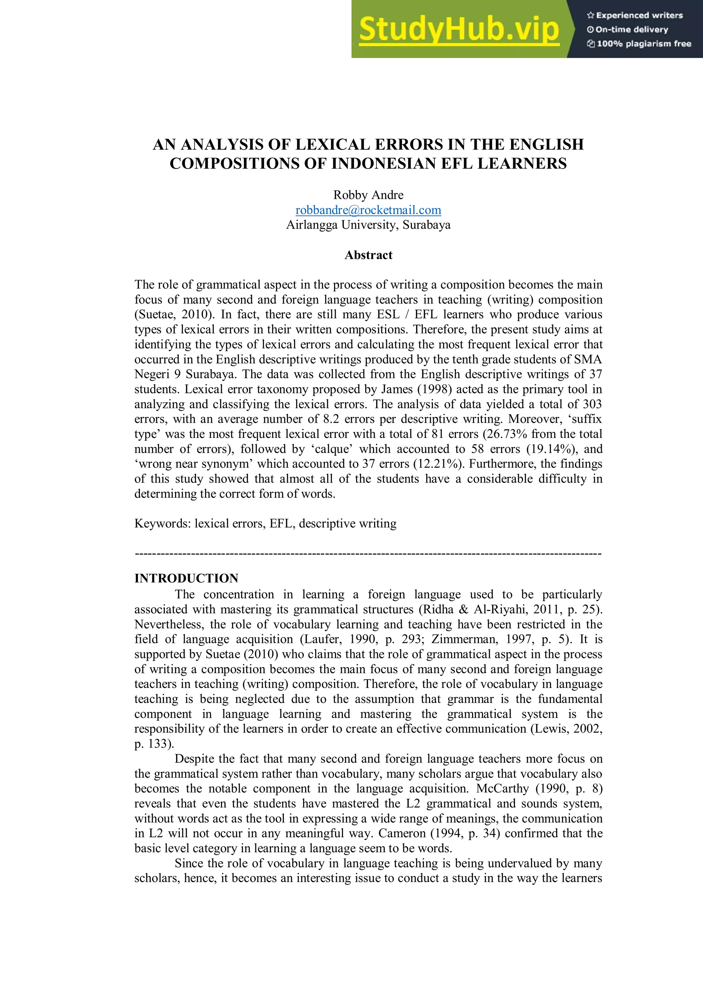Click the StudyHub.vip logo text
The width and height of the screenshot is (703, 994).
pyautogui.click(x=459, y=29)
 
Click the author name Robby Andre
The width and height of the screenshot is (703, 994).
pyautogui.click(x=368, y=195)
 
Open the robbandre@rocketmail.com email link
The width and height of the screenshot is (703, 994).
pyautogui.click(x=368, y=210)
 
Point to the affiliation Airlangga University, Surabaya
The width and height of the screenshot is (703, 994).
pyautogui.click(x=368, y=225)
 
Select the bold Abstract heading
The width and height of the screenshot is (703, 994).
pyautogui.click(x=368, y=255)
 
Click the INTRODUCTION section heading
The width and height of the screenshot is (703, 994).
pyautogui.click(x=186, y=578)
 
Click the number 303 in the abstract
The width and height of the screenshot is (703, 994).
pyautogui.click(x=592, y=404)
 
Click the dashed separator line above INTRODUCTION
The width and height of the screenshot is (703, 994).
pyautogui.click(x=368, y=554)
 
